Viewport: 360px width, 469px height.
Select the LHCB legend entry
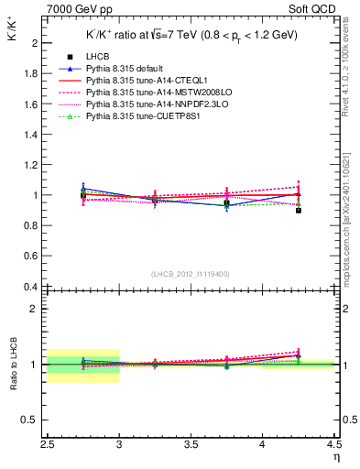pyautogui.click(x=99, y=57)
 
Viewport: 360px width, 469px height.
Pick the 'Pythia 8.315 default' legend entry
pyautogui.click(x=127, y=69)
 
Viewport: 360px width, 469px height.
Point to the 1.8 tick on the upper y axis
pyautogui.click(x=33, y=73)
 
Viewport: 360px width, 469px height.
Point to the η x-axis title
pyautogui.click(x=335, y=456)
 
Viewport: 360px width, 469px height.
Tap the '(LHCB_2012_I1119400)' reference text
pyautogui.click(x=192, y=274)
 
